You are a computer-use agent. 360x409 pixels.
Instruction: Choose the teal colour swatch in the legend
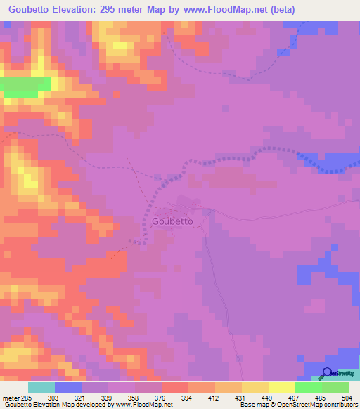click(41, 387)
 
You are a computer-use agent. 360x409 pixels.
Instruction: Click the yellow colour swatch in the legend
click(282, 387)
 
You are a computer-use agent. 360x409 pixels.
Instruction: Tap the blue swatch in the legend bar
click(68, 387)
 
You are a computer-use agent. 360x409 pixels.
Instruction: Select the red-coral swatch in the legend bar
click(175, 387)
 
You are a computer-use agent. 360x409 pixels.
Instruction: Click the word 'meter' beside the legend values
click(10, 398)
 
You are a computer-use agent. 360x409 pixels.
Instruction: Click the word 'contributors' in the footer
click(338, 405)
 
